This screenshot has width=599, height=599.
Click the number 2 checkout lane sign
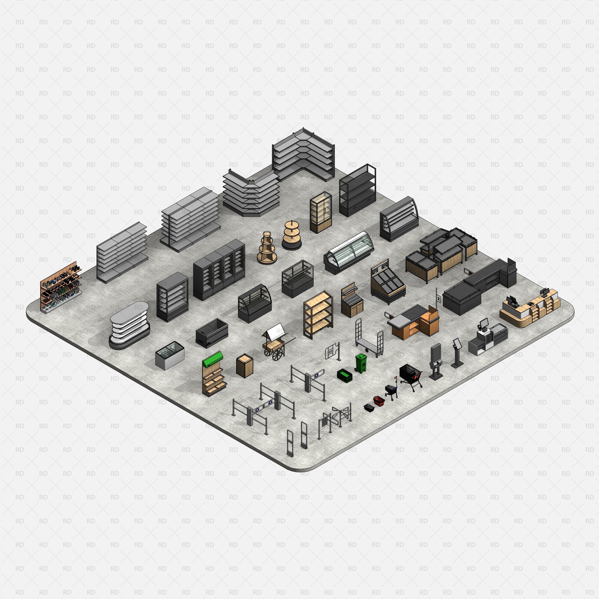point(438,298)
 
